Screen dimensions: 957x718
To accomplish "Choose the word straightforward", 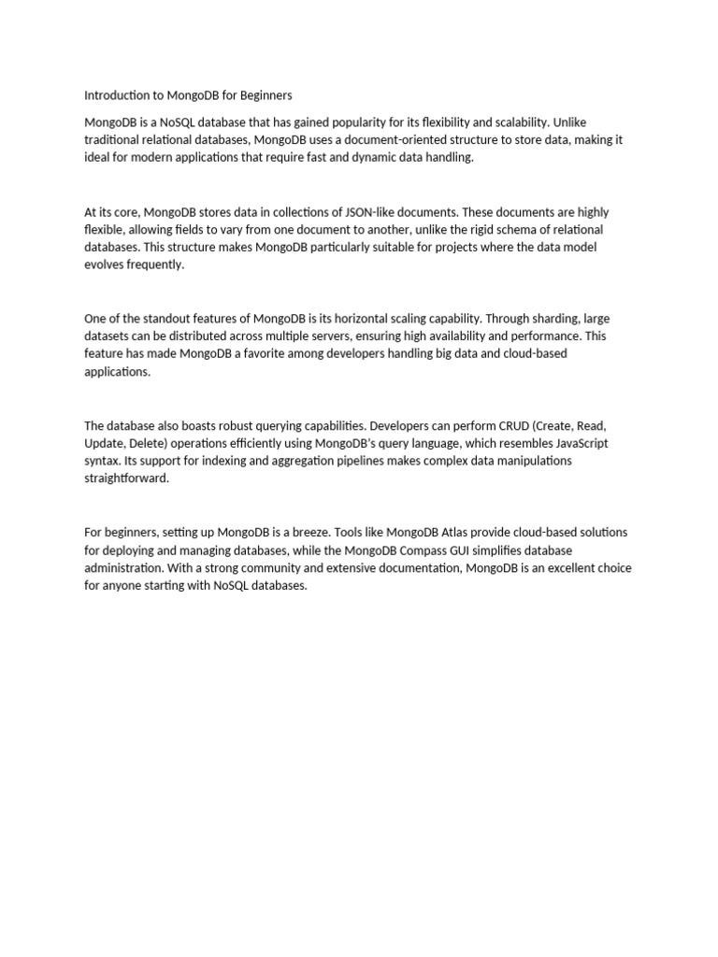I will click(x=126, y=478).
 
